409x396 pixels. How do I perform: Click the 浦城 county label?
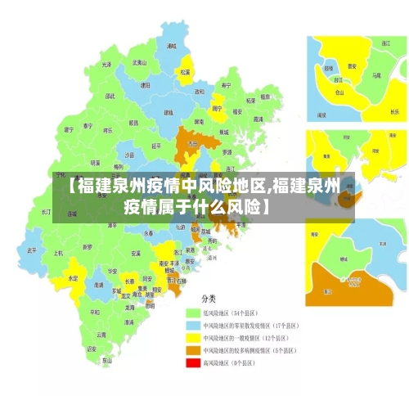171,47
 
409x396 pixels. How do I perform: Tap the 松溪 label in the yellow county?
185,72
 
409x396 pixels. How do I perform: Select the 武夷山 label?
140,62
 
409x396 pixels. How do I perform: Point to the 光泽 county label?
106,64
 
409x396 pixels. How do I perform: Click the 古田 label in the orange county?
193,143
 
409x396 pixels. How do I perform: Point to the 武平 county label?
32,250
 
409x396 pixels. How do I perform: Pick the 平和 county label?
96,312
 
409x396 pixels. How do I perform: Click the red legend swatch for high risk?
192,362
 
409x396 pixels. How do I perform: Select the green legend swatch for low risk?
192,313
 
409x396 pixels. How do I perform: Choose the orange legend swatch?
192,349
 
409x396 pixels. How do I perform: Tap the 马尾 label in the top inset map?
376,75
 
